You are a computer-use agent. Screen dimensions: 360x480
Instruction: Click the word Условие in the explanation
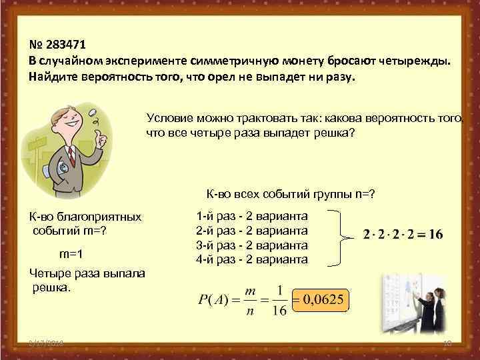click(168, 118)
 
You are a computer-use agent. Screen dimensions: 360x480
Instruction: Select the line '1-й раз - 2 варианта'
click(252, 217)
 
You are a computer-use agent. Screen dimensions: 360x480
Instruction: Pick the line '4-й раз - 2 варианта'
click(252, 259)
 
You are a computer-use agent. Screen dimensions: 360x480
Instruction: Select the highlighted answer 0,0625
click(323, 300)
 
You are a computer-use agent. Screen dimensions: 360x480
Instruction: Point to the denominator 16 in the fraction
click(281, 311)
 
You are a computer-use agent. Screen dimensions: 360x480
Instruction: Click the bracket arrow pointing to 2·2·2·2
click(343, 237)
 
